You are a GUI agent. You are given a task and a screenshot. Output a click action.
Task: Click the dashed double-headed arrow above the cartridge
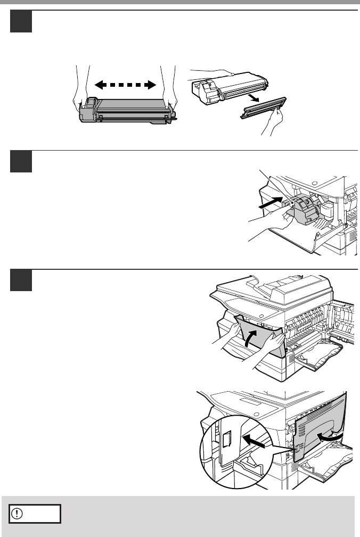(125, 84)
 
